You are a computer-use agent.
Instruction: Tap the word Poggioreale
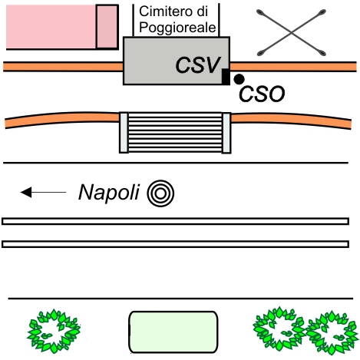177,28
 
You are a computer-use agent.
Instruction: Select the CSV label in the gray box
198,65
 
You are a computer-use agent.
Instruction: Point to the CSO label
262,94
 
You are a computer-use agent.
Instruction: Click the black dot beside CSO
239,79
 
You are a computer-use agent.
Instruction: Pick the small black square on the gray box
226,76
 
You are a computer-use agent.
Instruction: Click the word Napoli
109,193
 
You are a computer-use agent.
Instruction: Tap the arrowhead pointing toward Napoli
26,192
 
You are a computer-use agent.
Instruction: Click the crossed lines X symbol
292,32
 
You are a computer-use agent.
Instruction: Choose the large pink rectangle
51,27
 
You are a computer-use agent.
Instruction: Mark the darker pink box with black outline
107,27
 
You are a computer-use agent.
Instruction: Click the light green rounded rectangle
173,332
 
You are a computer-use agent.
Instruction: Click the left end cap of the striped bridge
124,133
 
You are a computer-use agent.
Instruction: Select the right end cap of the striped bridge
226,133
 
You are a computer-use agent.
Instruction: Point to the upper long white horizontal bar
175,221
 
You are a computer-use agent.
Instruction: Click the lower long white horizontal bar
175,244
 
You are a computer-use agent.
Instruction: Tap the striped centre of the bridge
175,133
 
